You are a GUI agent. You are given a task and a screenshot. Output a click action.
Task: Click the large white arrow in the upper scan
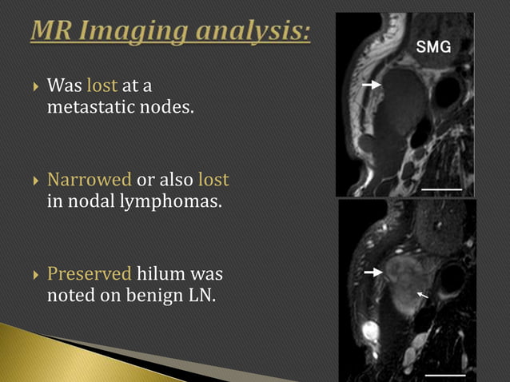[369, 84]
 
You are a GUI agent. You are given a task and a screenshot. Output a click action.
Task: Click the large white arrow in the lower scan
[372, 273]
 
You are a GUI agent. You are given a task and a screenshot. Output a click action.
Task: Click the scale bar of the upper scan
[443, 188]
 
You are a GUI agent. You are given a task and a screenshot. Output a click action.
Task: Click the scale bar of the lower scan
[444, 373]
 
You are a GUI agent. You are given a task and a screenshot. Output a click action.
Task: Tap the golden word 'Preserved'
[89, 273]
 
